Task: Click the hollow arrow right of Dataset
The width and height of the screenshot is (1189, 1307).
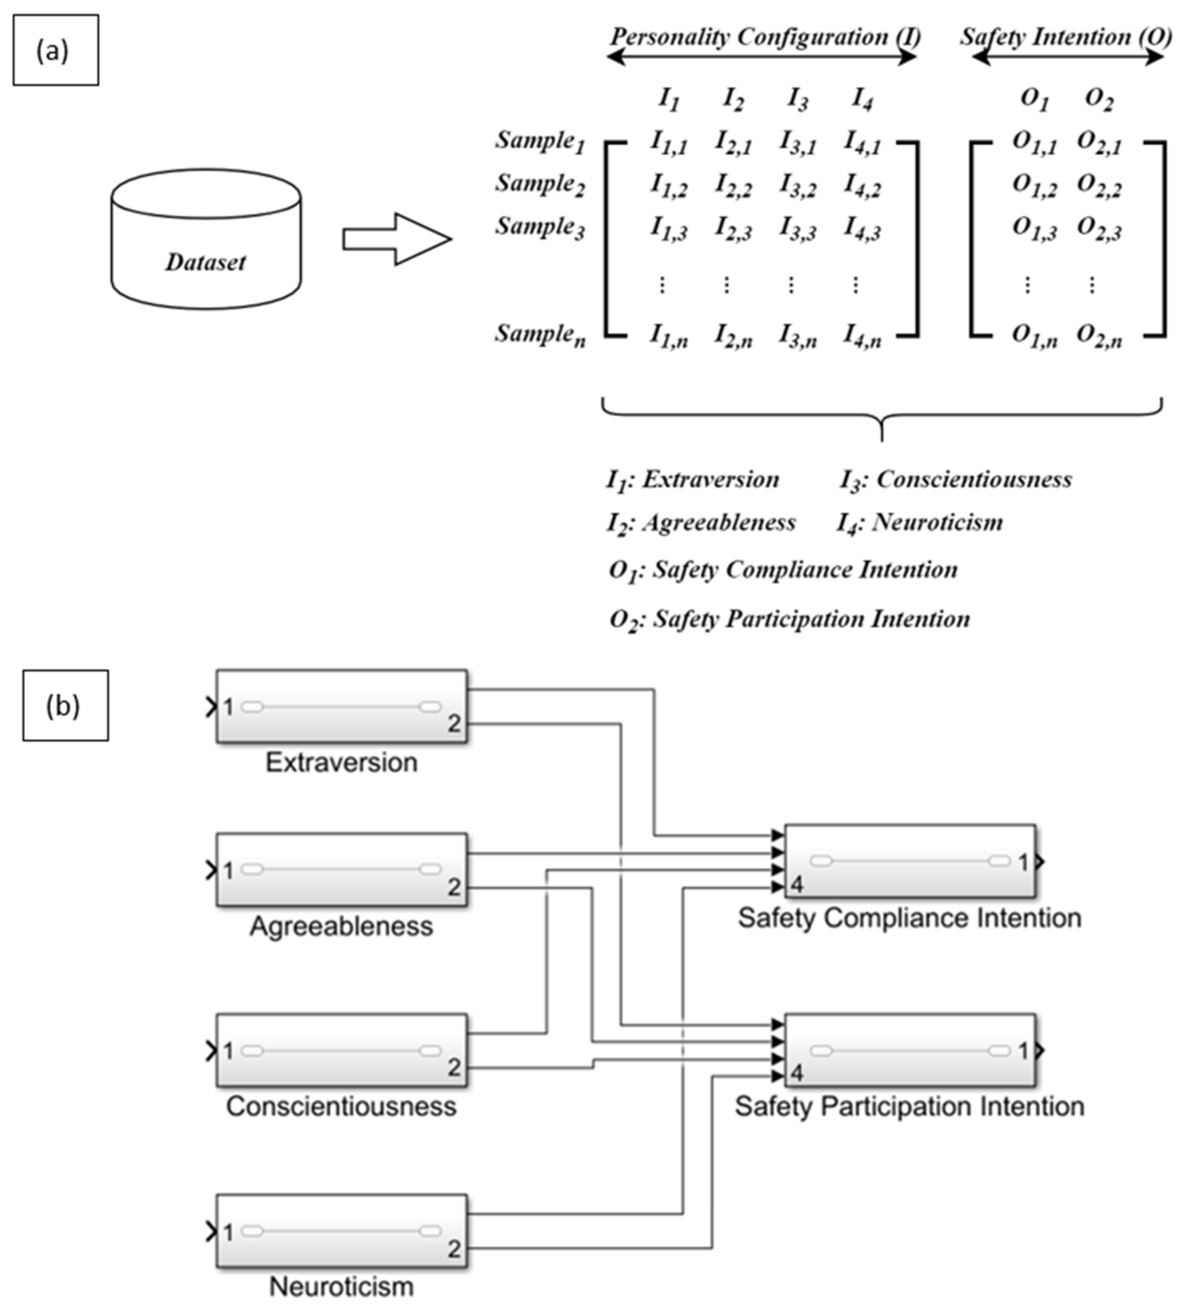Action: (396, 239)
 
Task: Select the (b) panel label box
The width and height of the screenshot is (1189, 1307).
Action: (66, 705)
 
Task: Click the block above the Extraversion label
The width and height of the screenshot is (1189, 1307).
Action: (341, 706)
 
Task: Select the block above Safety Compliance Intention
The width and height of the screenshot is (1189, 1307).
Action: (910, 861)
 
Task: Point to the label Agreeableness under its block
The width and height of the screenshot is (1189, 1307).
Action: (341, 926)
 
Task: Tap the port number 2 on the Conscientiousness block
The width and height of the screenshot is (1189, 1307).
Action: (454, 1067)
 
